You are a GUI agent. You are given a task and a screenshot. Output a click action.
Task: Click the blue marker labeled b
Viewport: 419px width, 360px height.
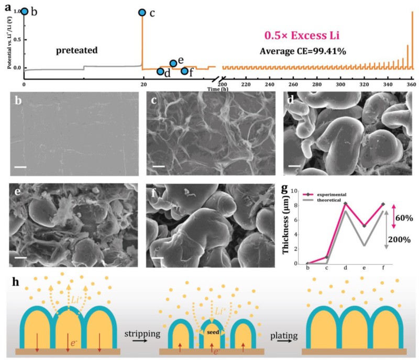(25, 11)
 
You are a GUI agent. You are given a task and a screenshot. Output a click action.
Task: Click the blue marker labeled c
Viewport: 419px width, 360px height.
(142, 13)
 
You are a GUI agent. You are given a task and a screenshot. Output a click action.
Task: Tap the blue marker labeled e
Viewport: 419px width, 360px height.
(173, 63)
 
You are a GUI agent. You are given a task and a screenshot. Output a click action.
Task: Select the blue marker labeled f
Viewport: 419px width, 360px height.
(184, 71)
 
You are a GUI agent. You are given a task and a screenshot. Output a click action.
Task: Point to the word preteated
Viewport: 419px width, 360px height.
(77, 51)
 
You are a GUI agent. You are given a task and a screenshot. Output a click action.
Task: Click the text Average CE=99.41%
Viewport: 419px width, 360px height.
(303, 51)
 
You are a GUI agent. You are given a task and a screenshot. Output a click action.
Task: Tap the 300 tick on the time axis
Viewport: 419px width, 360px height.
(341, 85)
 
